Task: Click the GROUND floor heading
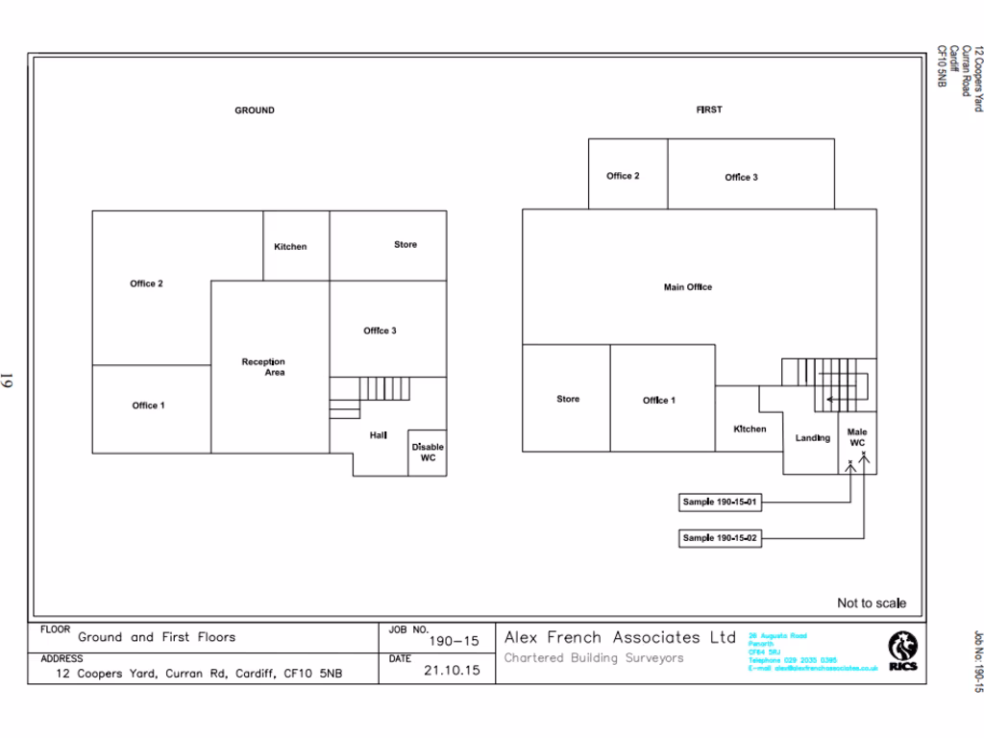coord(255,111)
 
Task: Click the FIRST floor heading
coord(709,110)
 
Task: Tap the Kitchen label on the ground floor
coord(290,247)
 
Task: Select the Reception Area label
coord(263,367)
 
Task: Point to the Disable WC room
coord(428,453)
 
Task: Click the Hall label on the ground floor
coord(379,435)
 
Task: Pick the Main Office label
coord(688,287)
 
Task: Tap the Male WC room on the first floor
coord(857,438)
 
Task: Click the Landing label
coord(813,438)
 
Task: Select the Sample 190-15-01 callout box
coord(721,503)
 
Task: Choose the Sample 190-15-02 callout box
coord(721,538)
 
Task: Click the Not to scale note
coord(871,603)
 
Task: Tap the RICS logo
coord(902,650)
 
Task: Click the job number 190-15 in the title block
coord(453,641)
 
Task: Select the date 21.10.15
coord(452,671)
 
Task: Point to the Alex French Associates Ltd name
coord(620,637)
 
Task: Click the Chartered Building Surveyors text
coord(594,658)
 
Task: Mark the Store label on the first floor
coord(568,399)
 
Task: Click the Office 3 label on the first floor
coord(741,177)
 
